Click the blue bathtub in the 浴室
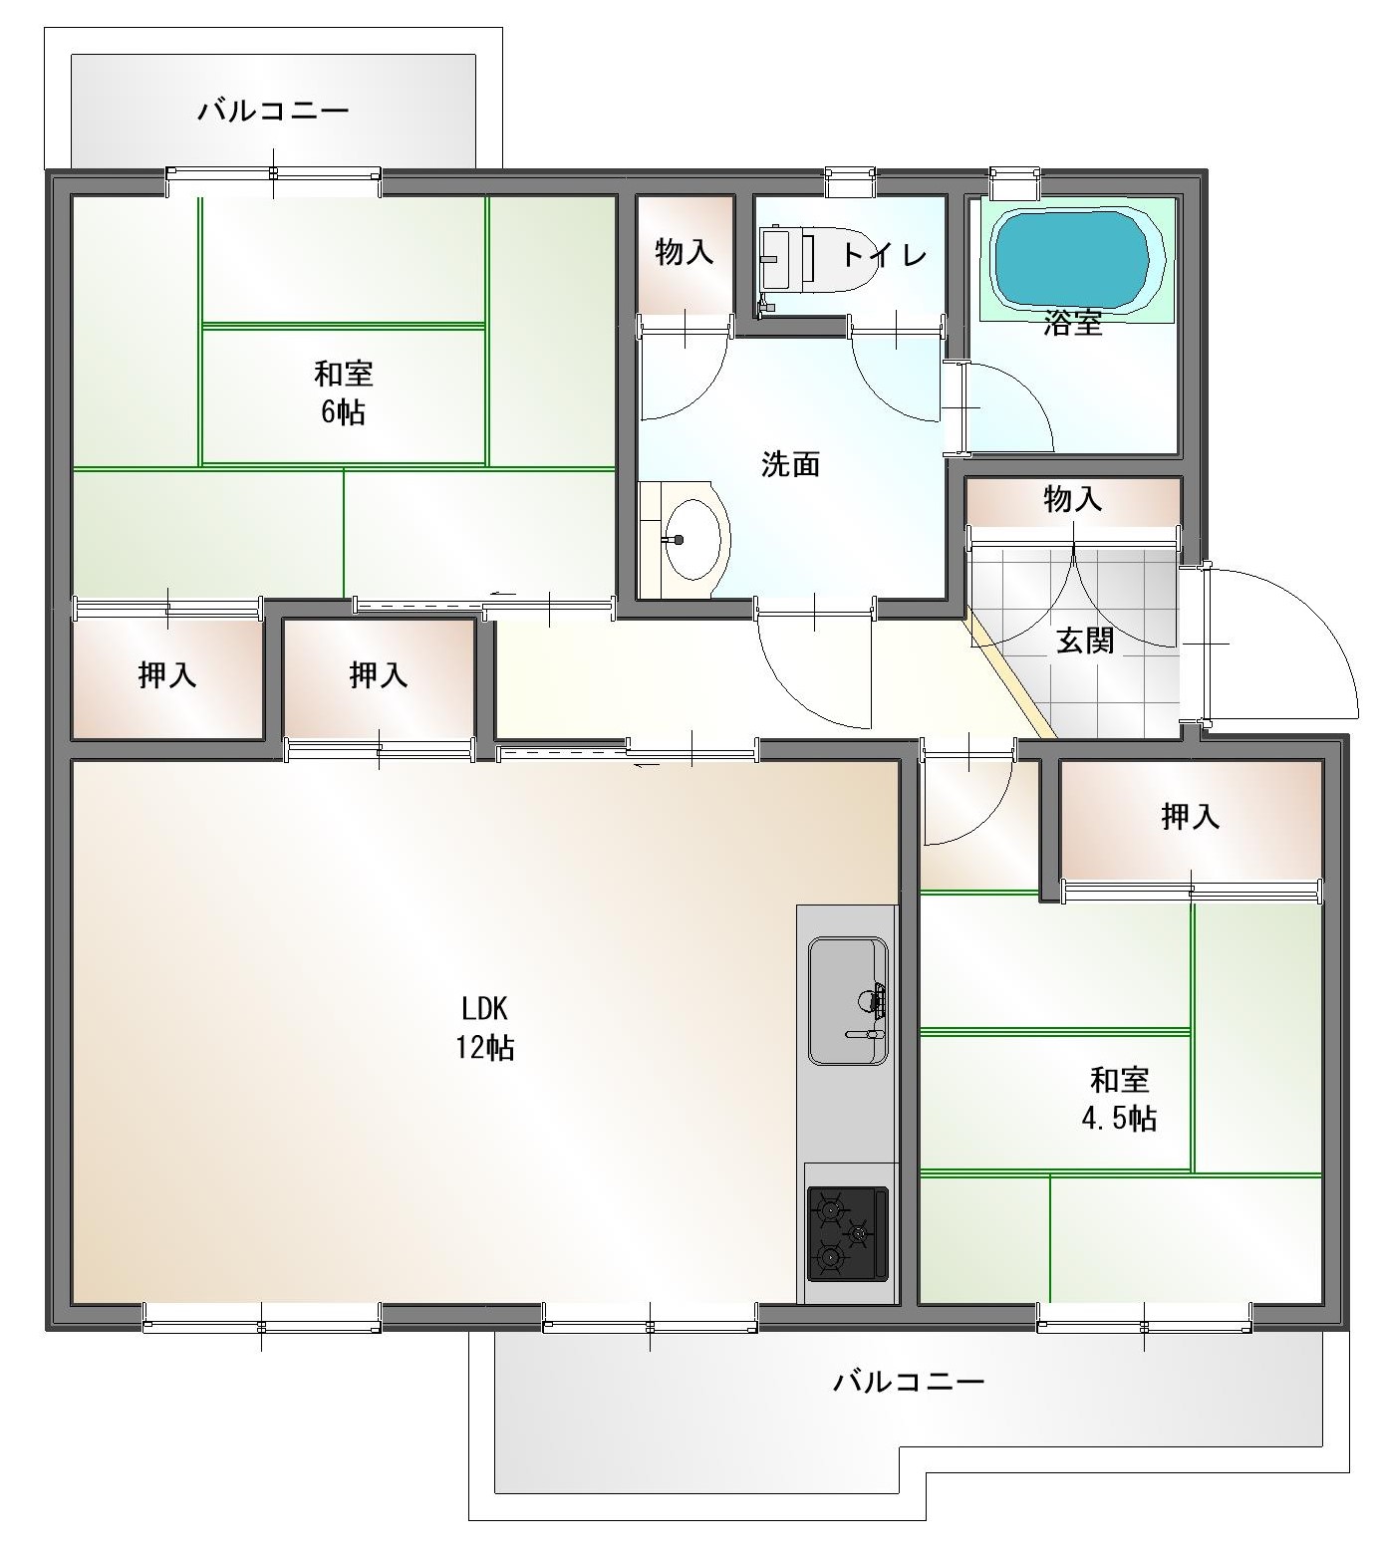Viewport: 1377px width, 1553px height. (x=1079, y=258)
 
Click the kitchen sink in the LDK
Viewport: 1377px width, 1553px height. (x=847, y=1000)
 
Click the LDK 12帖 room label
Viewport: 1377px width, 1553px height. (x=485, y=1028)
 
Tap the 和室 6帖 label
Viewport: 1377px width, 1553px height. (x=344, y=392)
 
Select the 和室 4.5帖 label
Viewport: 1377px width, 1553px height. (x=1119, y=1099)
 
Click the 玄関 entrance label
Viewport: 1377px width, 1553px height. (x=1085, y=641)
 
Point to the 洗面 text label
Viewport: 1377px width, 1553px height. (x=790, y=463)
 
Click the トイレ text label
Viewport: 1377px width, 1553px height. (x=885, y=255)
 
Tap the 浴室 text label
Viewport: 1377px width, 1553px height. (x=1073, y=323)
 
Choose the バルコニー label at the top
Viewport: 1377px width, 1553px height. (x=273, y=110)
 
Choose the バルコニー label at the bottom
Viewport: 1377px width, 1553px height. (x=909, y=1382)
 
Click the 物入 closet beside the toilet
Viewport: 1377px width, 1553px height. (x=686, y=254)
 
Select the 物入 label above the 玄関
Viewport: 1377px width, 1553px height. (x=1073, y=498)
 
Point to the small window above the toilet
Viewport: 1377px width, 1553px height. (x=851, y=181)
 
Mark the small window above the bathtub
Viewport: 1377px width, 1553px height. (x=1015, y=181)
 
